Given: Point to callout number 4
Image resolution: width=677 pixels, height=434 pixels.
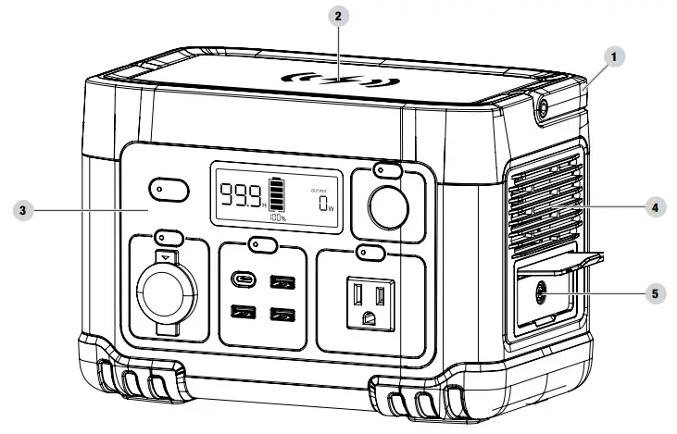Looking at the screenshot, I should click(x=654, y=209).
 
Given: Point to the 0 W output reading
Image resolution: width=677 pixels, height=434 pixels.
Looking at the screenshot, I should click(x=324, y=204).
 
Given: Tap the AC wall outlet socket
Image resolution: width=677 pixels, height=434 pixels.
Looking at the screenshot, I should click(x=371, y=302).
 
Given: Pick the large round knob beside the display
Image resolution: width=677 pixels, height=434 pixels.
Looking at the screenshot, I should click(x=386, y=209).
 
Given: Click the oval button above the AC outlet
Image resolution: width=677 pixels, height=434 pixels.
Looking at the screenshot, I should click(x=371, y=252).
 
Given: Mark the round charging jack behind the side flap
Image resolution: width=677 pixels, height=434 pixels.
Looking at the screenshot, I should click(x=539, y=296).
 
